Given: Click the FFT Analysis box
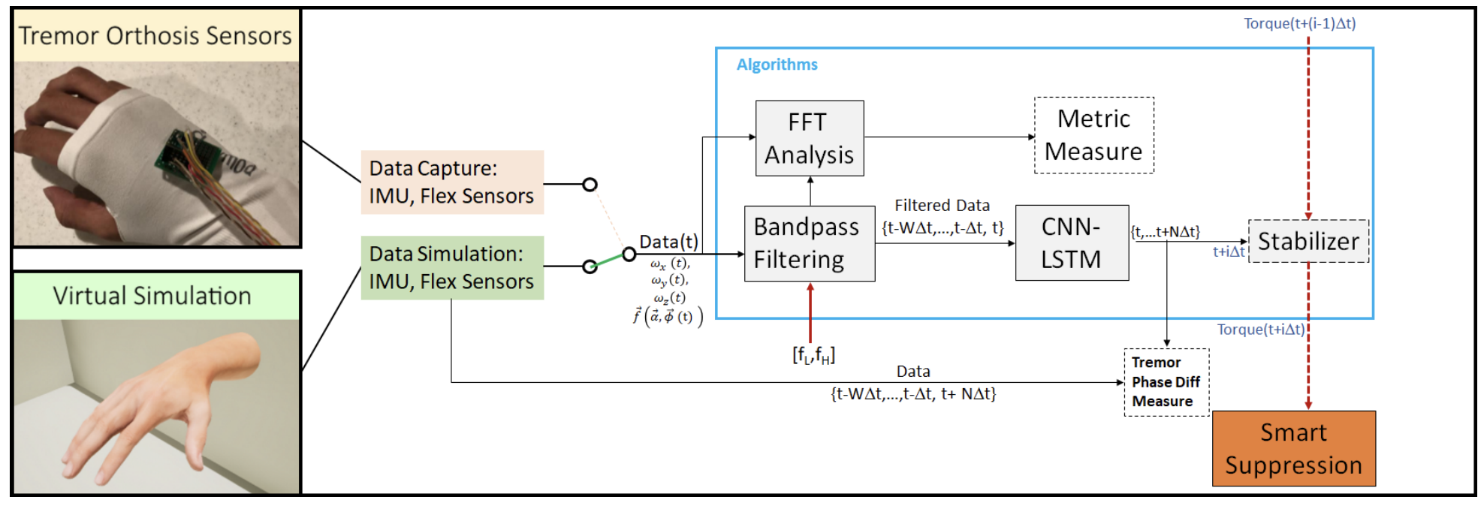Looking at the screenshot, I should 810,138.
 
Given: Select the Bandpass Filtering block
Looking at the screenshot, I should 810,243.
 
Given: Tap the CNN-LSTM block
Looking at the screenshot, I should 1072,242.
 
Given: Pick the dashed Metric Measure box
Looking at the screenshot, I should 1093,135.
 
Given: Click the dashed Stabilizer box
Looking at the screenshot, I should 1308,241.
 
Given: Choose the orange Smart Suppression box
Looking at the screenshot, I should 1293,448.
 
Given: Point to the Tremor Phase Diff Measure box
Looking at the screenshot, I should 1166,382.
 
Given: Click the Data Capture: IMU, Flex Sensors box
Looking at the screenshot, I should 452,182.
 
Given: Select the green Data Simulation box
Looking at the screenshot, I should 452,268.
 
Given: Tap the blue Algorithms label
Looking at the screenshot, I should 777,65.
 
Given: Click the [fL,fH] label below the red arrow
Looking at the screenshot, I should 813,354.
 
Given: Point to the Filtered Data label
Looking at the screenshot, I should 942,206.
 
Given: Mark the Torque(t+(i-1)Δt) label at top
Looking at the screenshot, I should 1299,23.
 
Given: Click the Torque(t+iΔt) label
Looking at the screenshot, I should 1260,330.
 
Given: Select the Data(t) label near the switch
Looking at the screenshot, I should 668,242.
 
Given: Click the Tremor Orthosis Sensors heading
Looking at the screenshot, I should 155,35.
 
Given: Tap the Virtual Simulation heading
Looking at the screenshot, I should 152,296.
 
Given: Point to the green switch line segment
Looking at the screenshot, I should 609,260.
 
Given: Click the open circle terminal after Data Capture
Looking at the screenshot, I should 590,184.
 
